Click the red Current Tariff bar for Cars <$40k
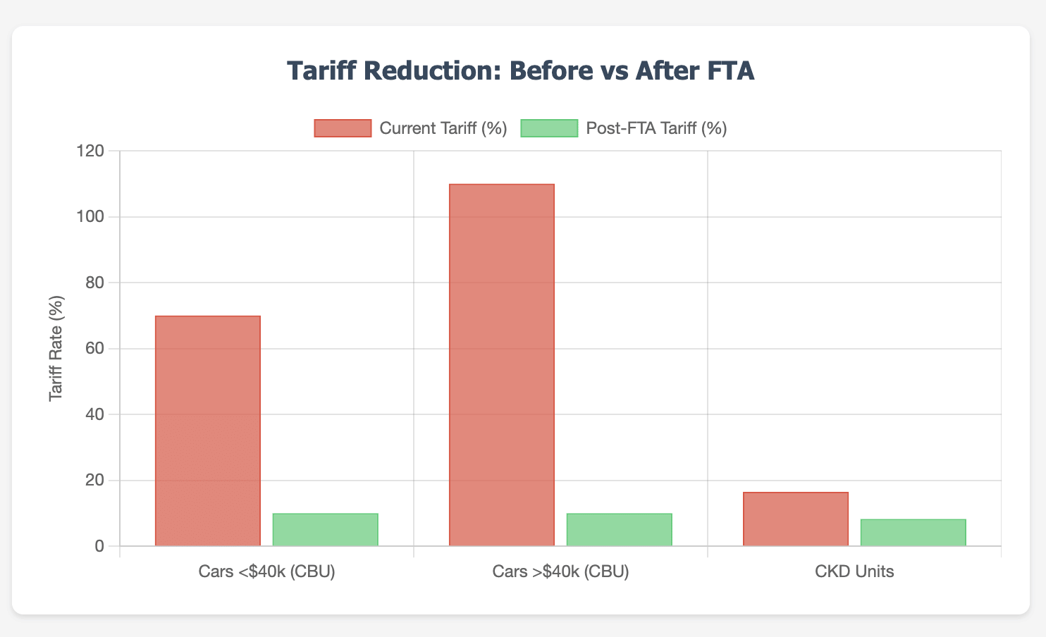tap(208, 431)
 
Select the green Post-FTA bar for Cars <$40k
tap(325, 530)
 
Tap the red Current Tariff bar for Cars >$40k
tap(502, 365)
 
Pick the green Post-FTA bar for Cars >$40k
tap(619, 530)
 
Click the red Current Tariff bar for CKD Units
tap(796, 519)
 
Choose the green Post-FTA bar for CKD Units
tap(913, 533)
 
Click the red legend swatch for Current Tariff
tap(343, 128)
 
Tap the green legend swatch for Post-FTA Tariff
tap(549, 128)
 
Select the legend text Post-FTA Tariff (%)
tap(656, 128)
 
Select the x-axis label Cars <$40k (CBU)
tap(266, 571)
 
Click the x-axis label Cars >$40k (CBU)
tap(560, 571)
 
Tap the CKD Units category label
tap(854, 571)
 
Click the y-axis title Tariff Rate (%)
tap(56, 349)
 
